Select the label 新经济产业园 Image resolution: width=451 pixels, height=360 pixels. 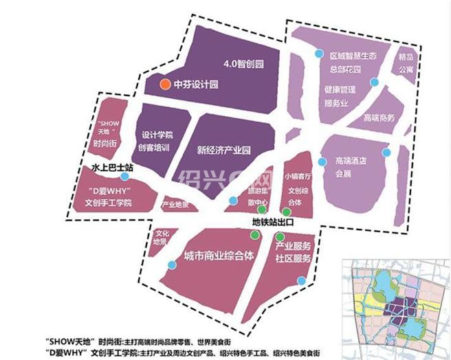pyautogui.click(x=225, y=149)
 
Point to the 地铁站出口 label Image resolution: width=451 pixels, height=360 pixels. pyautogui.click(x=271, y=223)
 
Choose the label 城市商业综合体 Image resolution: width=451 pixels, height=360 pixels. pyautogui.click(x=219, y=256)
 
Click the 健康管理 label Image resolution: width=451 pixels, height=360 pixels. pyautogui.click(x=340, y=89)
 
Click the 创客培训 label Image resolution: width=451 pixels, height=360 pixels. pyautogui.click(x=157, y=147)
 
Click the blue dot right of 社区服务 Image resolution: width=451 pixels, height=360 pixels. pyautogui.click(x=301, y=280)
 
